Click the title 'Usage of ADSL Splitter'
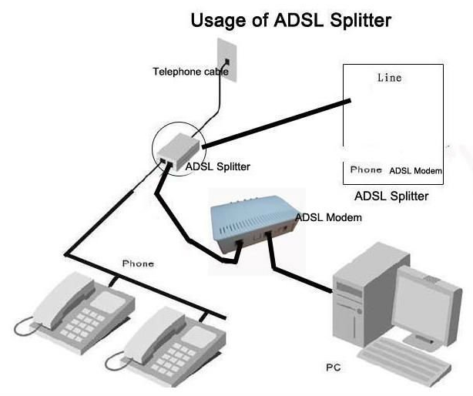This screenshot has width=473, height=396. [x=291, y=21]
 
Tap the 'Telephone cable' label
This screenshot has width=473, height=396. [x=190, y=72]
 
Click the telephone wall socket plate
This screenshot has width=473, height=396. [x=226, y=59]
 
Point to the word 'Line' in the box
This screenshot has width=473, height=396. [x=390, y=78]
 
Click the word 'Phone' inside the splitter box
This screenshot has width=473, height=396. [x=366, y=169]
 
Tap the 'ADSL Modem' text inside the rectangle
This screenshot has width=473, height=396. [x=415, y=171]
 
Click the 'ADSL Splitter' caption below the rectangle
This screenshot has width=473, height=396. [x=391, y=196]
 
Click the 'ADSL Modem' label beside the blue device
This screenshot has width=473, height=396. [x=328, y=217]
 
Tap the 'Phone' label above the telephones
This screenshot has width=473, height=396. [x=138, y=263]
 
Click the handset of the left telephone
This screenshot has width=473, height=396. [x=63, y=300]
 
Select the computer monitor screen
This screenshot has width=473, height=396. [x=421, y=304]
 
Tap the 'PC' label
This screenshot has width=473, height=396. [x=334, y=367]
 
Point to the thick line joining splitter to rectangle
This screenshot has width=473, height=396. [x=277, y=124]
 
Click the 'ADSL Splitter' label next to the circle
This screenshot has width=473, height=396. [x=217, y=166]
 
